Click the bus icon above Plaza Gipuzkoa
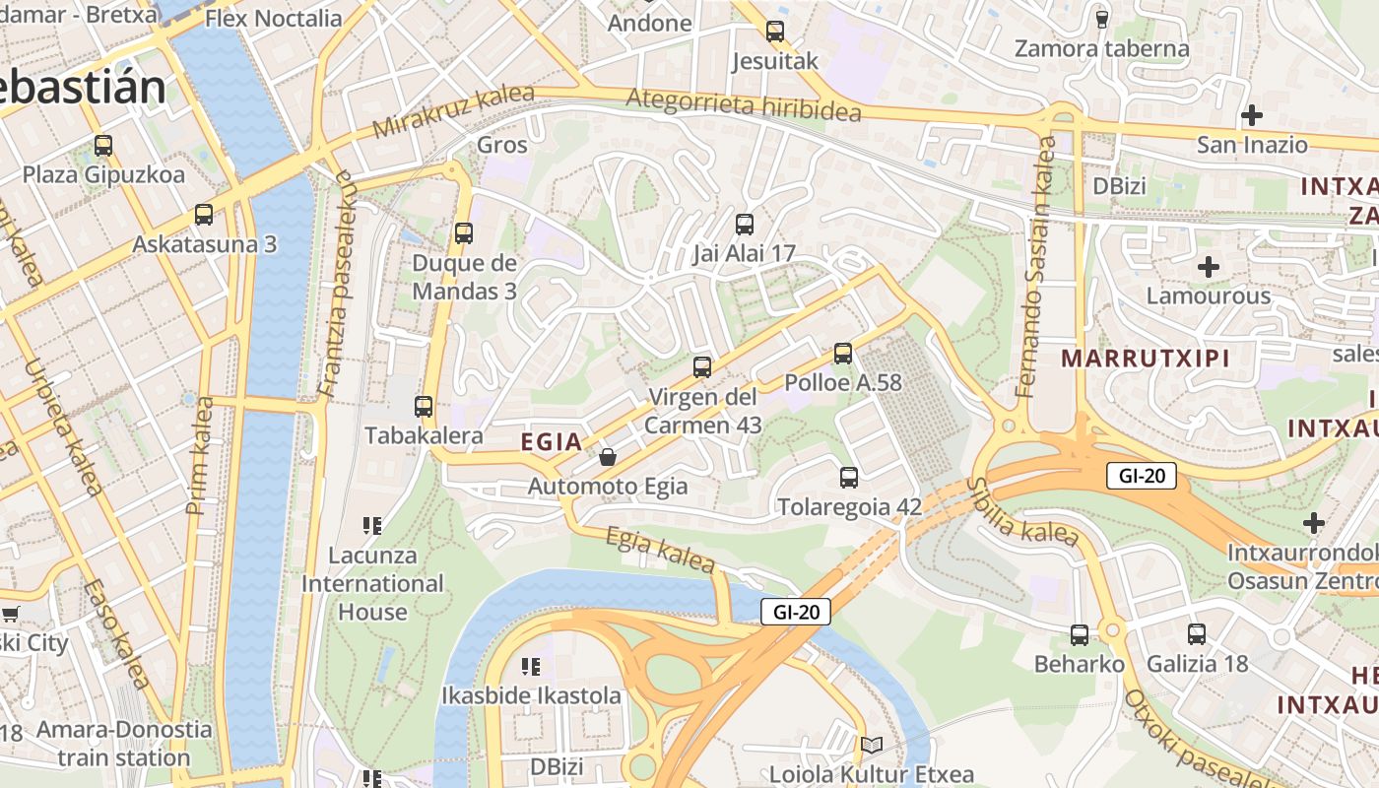[x=103, y=146]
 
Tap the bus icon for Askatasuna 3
[x=204, y=214]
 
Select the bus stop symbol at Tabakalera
[x=424, y=406]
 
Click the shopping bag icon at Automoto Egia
[x=608, y=457]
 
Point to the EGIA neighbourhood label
[x=551, y=442]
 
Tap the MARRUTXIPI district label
[x=1146, y=359]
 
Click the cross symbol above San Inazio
[x=1252, y=115]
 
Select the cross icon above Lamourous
[x=1209, y=266]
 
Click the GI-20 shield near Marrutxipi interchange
[x=1142, y=476]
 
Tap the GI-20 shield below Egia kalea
[x=796, y=612]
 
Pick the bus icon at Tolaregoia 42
[x=849, y=478]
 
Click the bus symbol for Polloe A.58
[x=842, y=353]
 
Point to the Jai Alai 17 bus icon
[x=745, y=224]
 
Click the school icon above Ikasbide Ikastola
[x=531, y=667]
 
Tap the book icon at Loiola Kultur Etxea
[x=871, y=746]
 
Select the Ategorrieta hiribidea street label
[x=743, y=104]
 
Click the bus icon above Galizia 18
[x=1197, y=634]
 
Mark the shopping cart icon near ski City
[x=10, y=615]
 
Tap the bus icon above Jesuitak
[x=775, y=32]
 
